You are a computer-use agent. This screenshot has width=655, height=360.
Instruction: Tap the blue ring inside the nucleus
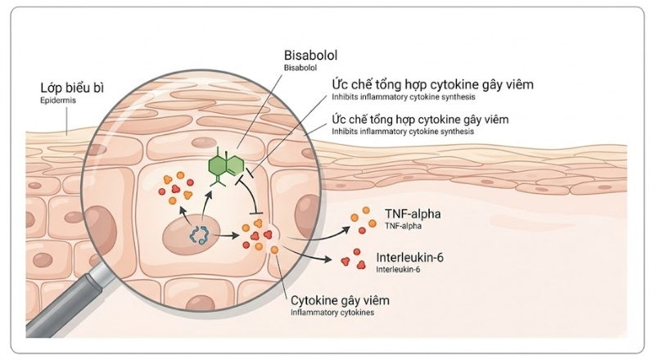point(199,236)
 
